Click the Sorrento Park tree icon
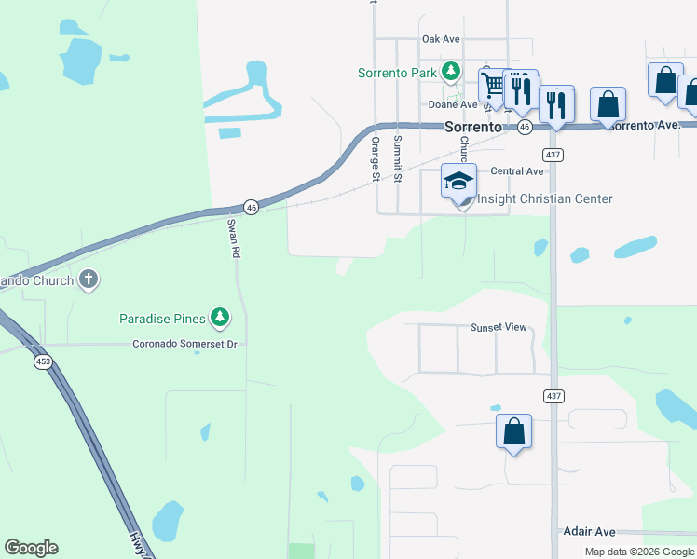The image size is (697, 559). pos(451,71)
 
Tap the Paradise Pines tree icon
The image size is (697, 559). pos(220,319)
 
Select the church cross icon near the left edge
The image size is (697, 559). pos(89,279)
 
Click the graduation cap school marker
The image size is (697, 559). pos(458,181)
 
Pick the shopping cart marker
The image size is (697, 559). pos(494,85)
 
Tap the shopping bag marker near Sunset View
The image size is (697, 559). pos(513,431)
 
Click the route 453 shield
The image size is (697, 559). pos(42,361)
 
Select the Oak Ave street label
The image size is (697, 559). pos(441,39)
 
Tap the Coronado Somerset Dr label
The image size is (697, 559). pos(185,344)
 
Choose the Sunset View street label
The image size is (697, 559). pos(499,327)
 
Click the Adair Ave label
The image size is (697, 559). pos(589,531)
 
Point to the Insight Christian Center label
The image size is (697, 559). pos(545,198)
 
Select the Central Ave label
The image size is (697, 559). pos(516,171)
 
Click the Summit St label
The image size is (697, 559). pos(398,158)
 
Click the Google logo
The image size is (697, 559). pos(31,548)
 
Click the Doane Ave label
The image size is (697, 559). pos(453,105)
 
